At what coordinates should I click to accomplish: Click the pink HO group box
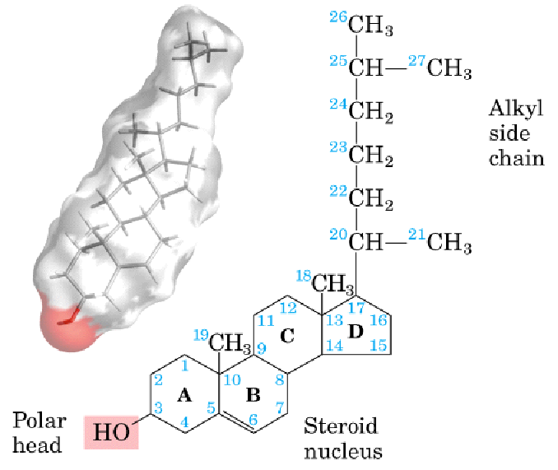(111, 431)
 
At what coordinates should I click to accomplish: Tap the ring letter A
(184, 396)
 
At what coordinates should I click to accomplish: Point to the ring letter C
(287, 335)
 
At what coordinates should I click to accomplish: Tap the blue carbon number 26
(338, 18)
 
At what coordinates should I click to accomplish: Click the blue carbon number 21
(417, 237)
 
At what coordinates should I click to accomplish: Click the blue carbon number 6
(254, 420)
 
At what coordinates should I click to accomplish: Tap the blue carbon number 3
(157, 409)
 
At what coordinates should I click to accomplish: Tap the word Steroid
(341, 426)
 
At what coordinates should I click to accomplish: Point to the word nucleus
(343, 451)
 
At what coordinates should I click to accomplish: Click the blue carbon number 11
(264, 320)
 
